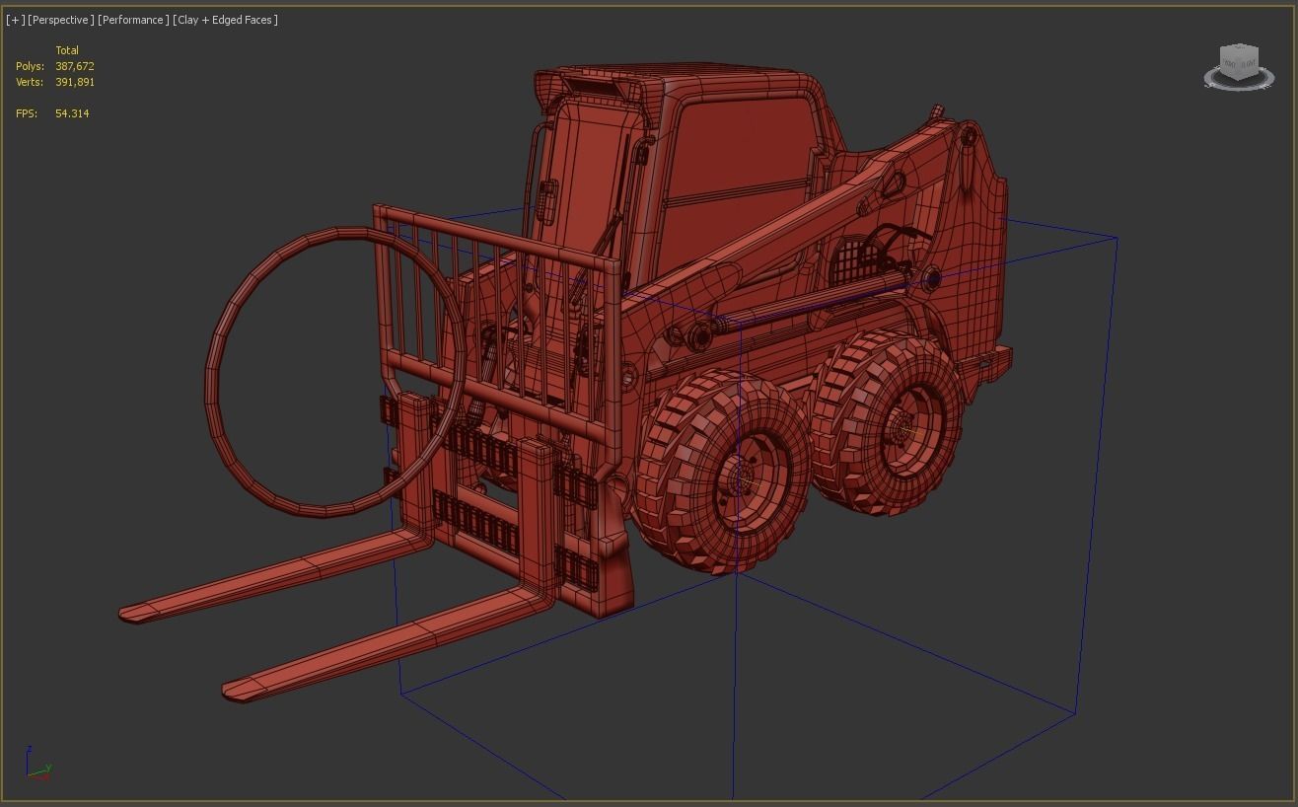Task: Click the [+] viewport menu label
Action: [x=15, y=20]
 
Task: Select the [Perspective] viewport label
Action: [x=61, y=20]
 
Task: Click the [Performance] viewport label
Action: [x=133, y=20]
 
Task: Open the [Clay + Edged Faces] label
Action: [x=225, y=20]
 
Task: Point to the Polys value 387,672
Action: [x=75, y=66]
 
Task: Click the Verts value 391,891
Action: [x=75, y=82]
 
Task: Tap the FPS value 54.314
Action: [x=72, y=113]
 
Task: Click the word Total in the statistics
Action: [x=67, y=50]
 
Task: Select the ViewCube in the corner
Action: [x=1239, y=66]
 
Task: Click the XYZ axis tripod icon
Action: [x=37, y=766]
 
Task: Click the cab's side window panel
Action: [x=740, y=158]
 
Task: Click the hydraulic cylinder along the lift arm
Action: [x=819, y=301]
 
